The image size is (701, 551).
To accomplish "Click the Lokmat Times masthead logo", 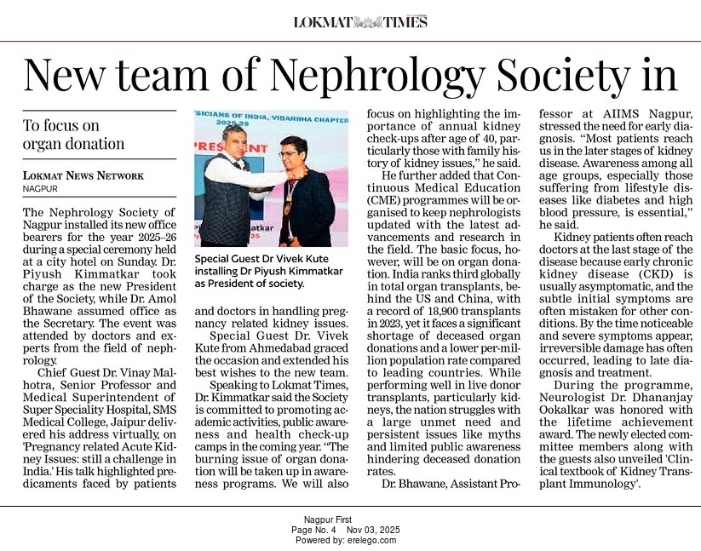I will pos(360,22).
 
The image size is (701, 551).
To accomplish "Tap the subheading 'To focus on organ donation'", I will pos(73,135).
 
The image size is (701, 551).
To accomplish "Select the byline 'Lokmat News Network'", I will pos(83,175).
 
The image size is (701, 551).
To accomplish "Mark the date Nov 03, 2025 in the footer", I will pos(371,530).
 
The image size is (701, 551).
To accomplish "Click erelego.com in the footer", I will pos(370,540).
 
